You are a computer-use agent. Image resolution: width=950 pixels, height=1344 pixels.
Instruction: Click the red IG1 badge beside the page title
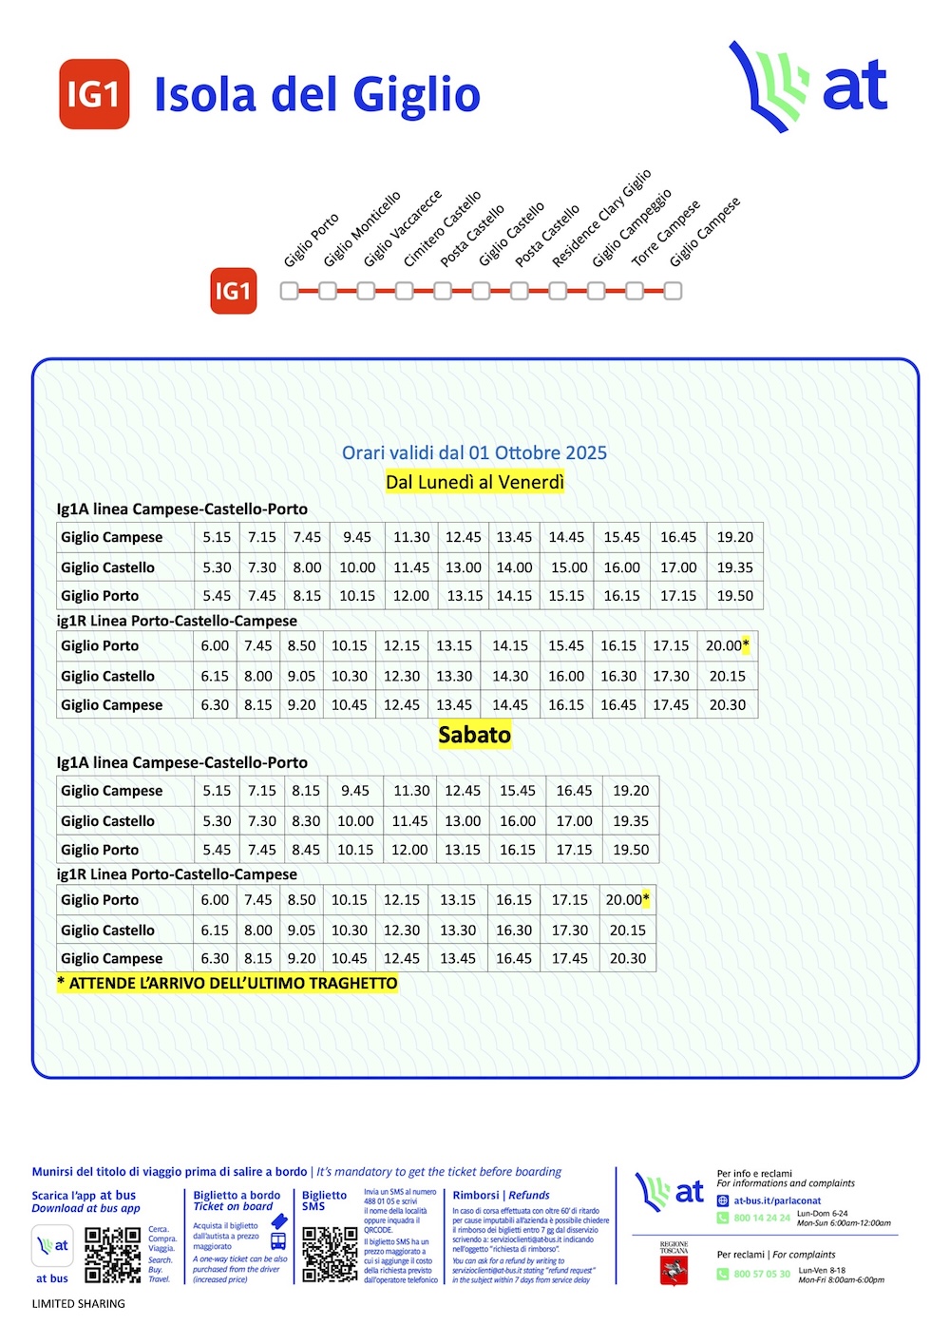(x=94, y=94)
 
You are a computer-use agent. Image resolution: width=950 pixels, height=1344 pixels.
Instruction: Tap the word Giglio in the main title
(x=416, y=95)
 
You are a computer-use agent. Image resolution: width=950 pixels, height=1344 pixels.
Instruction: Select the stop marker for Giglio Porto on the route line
(x=290, y=291)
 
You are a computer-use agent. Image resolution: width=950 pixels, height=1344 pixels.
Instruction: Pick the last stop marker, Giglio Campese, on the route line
(x=673, y=291)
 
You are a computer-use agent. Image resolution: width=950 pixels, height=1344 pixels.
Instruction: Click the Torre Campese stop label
(x=666, y=233)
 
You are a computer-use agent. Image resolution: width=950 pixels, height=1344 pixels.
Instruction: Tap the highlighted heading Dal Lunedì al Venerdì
(x=475, y=482)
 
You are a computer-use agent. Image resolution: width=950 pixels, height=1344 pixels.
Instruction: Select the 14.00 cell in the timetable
(x=514, y=567)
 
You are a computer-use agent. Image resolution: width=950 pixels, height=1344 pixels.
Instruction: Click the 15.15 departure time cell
(x=566, y=596)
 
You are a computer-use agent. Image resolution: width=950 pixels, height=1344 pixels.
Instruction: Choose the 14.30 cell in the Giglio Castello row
(x=510, y=676)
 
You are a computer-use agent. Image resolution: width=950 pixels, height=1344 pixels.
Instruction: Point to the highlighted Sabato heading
(x=475, y=735)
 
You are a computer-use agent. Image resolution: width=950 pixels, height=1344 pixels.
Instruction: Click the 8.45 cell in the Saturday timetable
(x=306, y=850)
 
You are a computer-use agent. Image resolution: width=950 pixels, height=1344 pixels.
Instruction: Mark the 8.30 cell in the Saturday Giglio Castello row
(x=306, y=821)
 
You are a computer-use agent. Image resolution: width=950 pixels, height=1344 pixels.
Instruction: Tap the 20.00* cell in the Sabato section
(x=627, y=899)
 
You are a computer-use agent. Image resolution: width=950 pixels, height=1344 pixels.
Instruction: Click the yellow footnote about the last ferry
(x=227, y=984)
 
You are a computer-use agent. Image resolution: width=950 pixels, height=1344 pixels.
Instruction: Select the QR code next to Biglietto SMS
(x=330, y=1255)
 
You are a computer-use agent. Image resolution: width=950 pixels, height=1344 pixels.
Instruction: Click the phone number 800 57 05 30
(x=761, y=1274)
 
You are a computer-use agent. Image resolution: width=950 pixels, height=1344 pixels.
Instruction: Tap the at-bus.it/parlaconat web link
(x=777, y=1200)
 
